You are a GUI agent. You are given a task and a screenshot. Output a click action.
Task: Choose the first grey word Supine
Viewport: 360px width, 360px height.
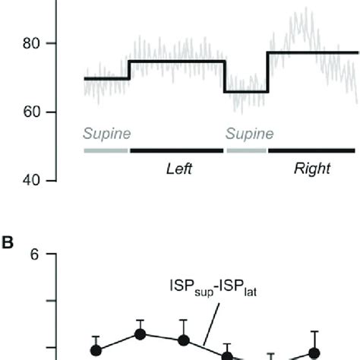pos(107,134)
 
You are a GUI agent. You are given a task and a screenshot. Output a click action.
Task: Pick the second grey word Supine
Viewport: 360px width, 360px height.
pos(249,134)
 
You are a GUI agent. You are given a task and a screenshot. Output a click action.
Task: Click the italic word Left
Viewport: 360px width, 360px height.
pos(178,169)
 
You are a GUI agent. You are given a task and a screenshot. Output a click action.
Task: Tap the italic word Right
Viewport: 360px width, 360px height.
pos(312,169)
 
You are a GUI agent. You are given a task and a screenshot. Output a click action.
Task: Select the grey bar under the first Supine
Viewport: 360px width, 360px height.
pos(106,150)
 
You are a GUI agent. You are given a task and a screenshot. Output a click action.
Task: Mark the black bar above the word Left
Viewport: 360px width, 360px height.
pos(177,150)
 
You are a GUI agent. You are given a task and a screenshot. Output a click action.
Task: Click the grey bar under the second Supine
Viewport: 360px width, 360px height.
pos(246,150)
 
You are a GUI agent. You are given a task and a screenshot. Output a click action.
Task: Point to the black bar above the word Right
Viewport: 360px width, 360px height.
pos(311,150)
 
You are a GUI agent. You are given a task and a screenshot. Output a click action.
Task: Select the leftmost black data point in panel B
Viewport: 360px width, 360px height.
pos(96,350)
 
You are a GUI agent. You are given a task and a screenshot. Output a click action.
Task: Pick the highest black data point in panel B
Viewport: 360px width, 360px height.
pos(140,333)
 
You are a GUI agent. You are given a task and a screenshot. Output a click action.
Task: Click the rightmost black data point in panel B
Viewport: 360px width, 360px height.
pos(314,352)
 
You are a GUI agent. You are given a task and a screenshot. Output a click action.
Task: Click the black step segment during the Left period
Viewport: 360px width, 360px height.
pos(177,61)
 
